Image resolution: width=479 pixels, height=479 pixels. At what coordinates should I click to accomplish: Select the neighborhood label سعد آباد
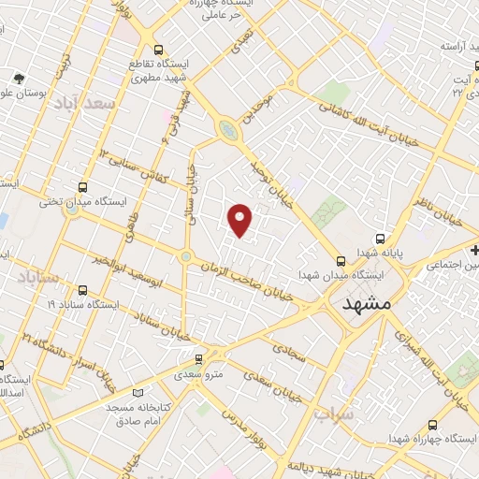point(85,103)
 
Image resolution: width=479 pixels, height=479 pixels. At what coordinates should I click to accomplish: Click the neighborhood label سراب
point(334,412)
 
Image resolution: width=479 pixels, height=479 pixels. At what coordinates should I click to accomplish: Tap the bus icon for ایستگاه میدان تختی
point(84,187)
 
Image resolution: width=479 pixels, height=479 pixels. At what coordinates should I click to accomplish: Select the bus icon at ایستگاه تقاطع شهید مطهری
point(157,51)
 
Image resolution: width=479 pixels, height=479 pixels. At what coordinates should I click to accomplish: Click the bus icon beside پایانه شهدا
point(380,238)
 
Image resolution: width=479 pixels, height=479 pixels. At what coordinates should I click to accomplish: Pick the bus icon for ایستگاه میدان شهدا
point(340,261)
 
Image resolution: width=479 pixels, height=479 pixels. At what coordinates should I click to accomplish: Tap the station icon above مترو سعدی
point(198,359)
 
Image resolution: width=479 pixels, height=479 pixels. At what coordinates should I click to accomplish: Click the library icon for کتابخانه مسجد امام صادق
point(138,394)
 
